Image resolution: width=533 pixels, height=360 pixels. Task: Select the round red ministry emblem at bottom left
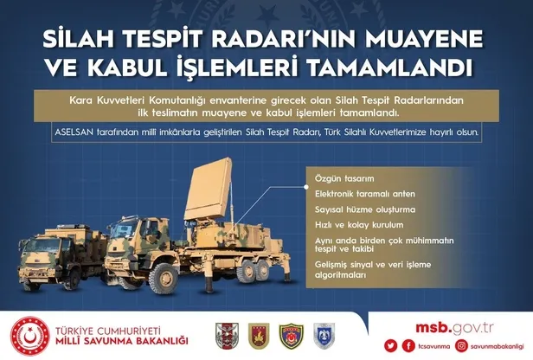(x=29, y=336)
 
